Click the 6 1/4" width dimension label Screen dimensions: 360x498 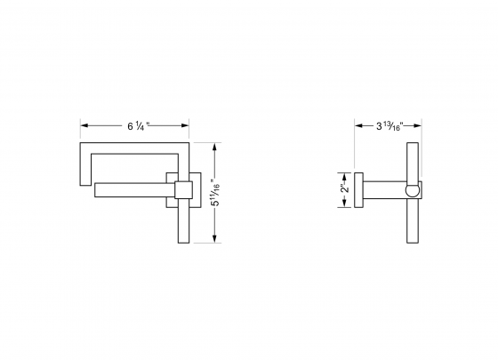137,126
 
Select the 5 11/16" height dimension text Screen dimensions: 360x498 215,191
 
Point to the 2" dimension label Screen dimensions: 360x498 343,189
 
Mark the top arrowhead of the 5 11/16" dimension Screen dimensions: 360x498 215,143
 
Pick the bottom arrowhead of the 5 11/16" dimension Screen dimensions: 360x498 215,240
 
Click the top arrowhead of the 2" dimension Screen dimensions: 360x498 343,174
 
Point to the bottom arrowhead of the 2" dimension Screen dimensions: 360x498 343,205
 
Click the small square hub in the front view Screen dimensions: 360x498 184,189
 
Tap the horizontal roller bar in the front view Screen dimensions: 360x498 133,189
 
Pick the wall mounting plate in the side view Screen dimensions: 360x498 357,189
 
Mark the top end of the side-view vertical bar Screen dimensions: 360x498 414,147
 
